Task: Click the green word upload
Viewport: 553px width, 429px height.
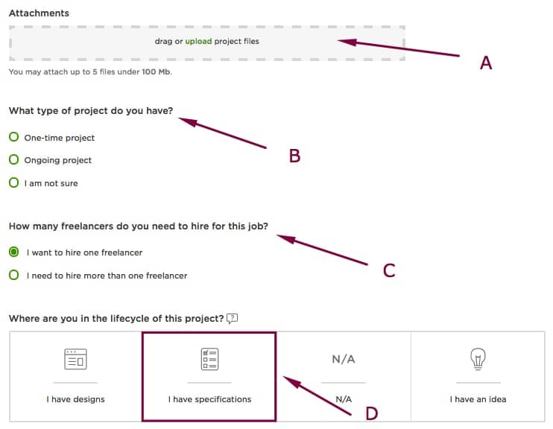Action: [198, 41]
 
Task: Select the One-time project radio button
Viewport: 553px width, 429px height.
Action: [13, 137]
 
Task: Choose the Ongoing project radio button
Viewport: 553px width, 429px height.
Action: [13, 159]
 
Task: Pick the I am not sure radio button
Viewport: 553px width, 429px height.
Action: [13, 182]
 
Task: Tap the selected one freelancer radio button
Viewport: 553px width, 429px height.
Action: [13, 252]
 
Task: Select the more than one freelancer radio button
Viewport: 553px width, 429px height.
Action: [13, 275]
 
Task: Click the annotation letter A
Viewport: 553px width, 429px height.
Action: [486, 63]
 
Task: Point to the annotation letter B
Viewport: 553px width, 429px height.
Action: [294, 156]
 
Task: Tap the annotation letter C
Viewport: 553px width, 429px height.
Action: [389, 270]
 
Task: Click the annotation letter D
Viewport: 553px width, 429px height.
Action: [372, 413]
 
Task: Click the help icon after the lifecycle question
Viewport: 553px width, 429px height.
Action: [232, 319]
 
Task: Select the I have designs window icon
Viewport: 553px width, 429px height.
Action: [75, 359]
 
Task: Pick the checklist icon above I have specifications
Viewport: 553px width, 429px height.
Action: [210, 359]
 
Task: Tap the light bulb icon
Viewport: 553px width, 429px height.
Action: [478, 359]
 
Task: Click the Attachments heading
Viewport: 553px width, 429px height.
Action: [39, 13]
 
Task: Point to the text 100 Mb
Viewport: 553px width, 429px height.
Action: [157, 72]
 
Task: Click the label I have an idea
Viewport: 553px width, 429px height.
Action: [478, 399]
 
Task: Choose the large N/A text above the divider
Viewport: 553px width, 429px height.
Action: [344, 359]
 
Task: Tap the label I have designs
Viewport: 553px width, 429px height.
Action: [75, 399]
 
